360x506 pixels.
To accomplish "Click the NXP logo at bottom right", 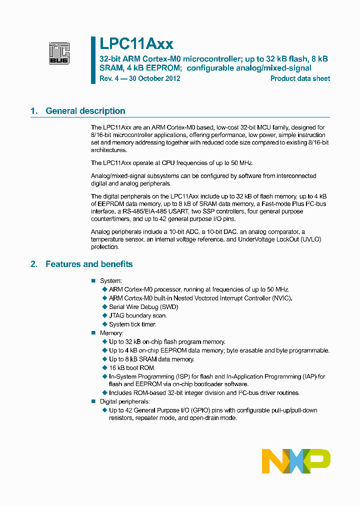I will tap(296, 461).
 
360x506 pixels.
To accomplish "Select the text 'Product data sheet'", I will tap(300, 78).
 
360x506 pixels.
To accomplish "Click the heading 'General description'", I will tap(85, 111).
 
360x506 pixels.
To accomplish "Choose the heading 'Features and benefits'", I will tap(89, 264).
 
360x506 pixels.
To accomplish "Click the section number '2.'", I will tap(34, 264).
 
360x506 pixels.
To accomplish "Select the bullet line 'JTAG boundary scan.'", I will tap(137, 315).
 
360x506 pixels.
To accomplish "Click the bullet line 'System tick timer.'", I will tap(132, 324).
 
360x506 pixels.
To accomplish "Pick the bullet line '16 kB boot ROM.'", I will tap(132, 368).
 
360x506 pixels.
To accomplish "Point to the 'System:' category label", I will tap(110, 281).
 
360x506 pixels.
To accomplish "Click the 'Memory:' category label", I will tap(111, 333).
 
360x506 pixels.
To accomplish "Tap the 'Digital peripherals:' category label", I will tap(124, 401).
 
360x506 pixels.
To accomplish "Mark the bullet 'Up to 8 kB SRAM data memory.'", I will tap(151, 359).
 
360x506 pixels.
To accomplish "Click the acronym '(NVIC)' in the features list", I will tap(281, 298).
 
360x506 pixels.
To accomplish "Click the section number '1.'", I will tap(34, 111).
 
